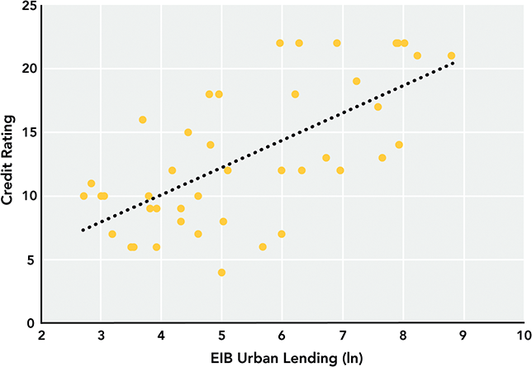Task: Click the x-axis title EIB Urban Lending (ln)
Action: point(282,356)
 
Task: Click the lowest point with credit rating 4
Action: point(221,272)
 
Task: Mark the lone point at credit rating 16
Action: point(142,120)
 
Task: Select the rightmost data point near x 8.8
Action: point(451,56)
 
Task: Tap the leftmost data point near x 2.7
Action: point(83,196)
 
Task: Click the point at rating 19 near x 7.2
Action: point(356,81)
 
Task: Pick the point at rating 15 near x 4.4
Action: point(188,132)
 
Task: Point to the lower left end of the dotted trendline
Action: point(83,231)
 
